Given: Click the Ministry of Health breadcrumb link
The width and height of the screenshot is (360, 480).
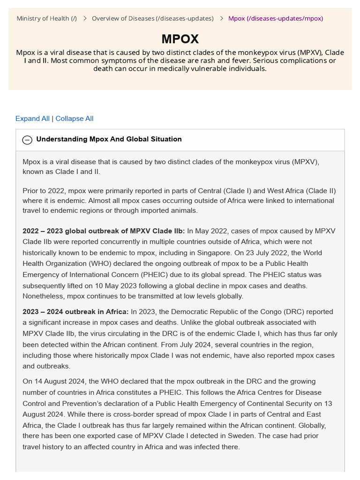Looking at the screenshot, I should point(47,18).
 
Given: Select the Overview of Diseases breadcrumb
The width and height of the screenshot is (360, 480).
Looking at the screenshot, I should point(152,18).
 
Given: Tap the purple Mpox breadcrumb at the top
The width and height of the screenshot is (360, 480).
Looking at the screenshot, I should point(276,18).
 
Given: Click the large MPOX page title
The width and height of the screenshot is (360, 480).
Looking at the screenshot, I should point(180,39).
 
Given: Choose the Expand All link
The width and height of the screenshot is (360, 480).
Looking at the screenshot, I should point(32,119).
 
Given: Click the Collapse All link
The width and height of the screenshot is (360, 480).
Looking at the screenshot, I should point(75,119).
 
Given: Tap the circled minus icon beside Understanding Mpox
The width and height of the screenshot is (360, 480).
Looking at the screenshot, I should point(28,140).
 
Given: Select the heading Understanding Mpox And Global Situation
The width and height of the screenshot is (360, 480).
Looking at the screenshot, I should point(109,139).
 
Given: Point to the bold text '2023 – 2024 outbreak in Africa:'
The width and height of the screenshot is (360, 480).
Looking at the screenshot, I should point(75,312).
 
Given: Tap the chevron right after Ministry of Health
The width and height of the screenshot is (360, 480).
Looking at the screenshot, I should point(85,18).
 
